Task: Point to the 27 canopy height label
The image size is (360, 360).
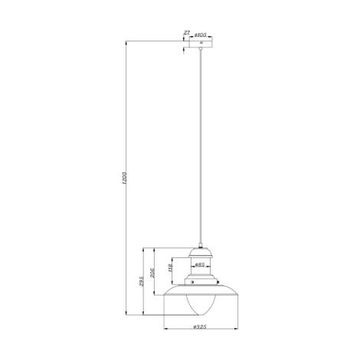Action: (186, 34)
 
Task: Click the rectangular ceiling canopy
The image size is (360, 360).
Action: (201, 43)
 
